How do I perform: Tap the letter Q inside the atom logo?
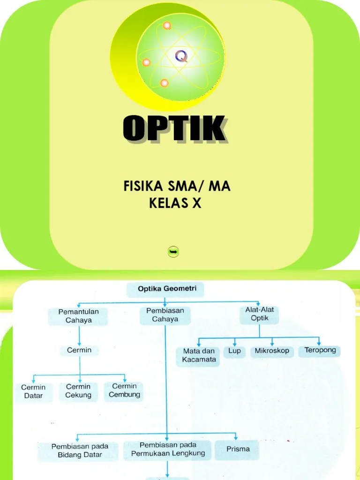pyautogui.click(x=181, y=57)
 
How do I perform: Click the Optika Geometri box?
pyautogui.click(x=165, y=289)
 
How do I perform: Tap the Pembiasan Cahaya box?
pyautogui.click(x=165, y=315)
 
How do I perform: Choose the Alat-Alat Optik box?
pyautogui.click(x=259, y=314)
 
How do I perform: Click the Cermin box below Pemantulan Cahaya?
pyautogui.click(x=79, y=350)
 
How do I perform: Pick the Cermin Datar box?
pyautogui.click(x=33, y=391)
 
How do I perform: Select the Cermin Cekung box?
pyautogui.click(x=78, y=391)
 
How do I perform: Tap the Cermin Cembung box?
pyautogui.click(x=124, y=390)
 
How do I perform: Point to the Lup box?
pyautogui.click(x=234, y=351)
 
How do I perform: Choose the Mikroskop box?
pyautogui.click(x=272, y=351)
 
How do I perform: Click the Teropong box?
pyautogui.click(x=320, y=350)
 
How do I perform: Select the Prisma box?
pyautogui.click(x=238, y=449)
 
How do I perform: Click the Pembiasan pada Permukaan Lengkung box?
pyautogui.click(x=168, y=449)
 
